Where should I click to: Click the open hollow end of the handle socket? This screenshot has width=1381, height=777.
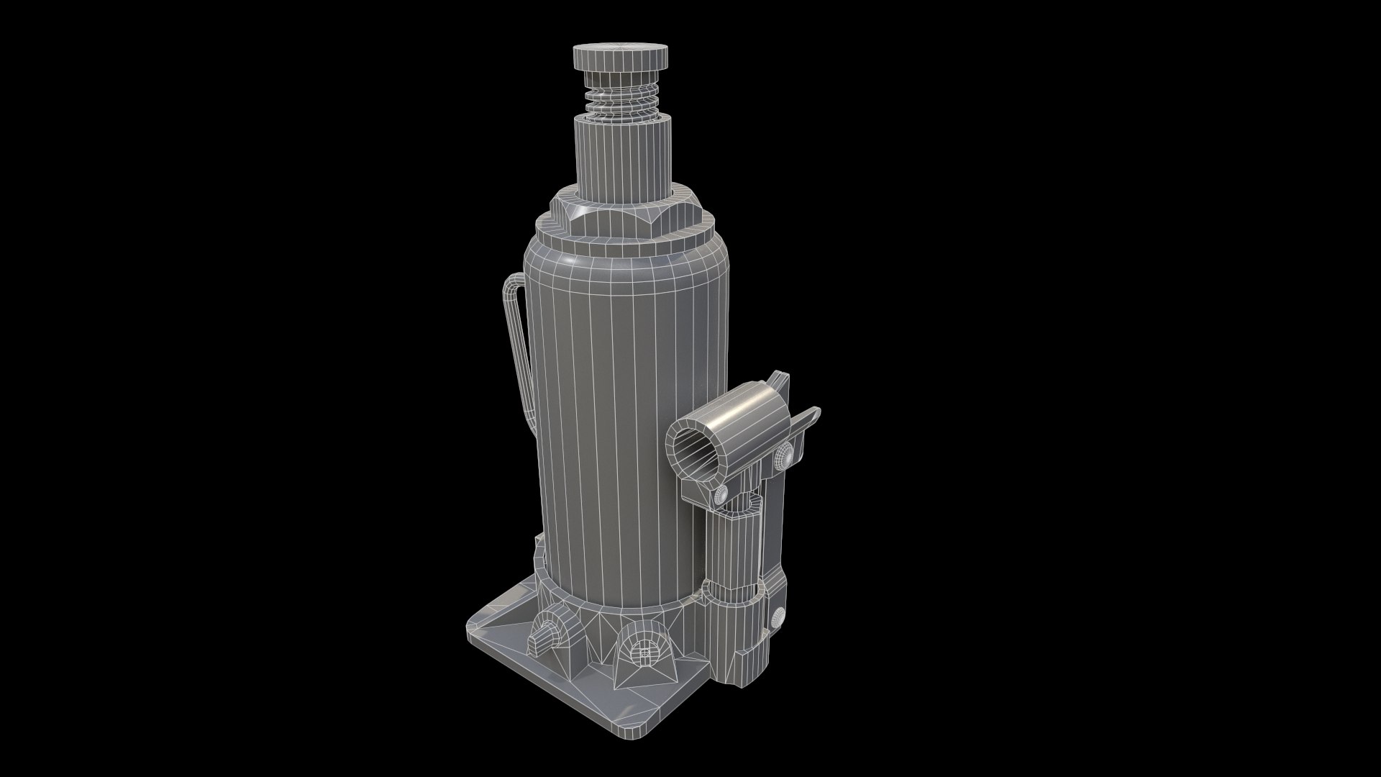coord(697,454)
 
